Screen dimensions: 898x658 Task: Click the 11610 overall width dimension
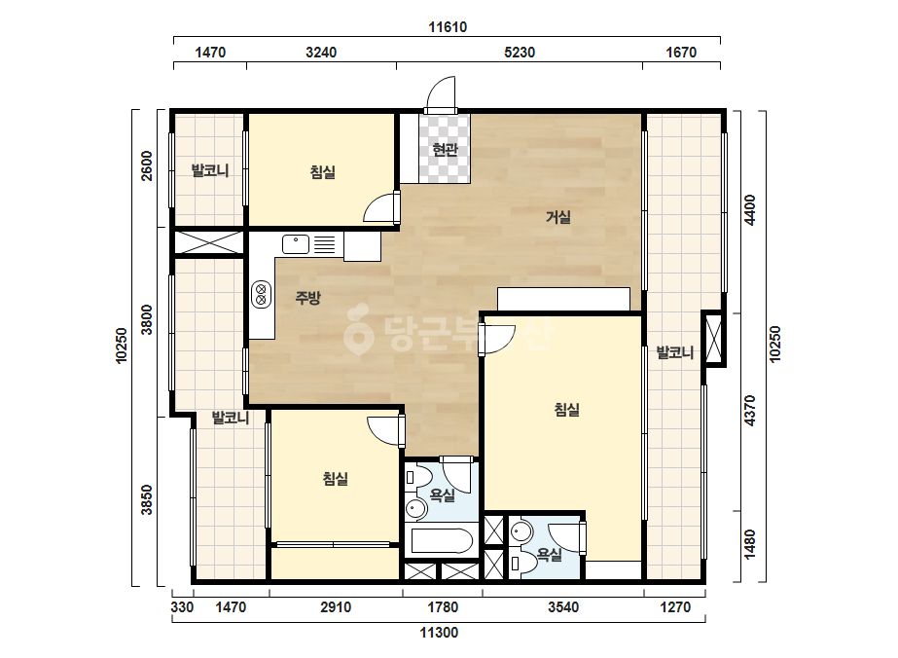point(448,27)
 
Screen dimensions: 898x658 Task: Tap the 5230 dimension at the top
point(520,53)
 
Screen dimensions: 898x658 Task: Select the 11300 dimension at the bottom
point(439,633)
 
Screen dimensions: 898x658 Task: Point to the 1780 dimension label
point(443,607)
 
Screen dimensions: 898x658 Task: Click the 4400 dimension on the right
point(750,210)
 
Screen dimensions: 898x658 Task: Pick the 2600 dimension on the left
point(147,165)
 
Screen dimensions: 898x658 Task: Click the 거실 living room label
point(558,217)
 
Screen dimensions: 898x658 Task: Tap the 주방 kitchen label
point(307,298)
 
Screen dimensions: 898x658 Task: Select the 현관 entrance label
point(445,150)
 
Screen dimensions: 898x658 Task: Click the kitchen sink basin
point(296,244)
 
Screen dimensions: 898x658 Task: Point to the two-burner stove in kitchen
point(261,294)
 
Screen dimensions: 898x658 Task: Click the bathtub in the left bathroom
point(442,540)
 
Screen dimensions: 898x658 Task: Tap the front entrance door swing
point(441,92)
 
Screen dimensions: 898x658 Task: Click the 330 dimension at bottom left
point(182,607)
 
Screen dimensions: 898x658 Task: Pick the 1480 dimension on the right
point(750,544)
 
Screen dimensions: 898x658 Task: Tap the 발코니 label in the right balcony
point(674,352)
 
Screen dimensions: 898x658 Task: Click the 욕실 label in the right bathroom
point(549,554)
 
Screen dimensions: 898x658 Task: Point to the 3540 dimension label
point(563,607)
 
